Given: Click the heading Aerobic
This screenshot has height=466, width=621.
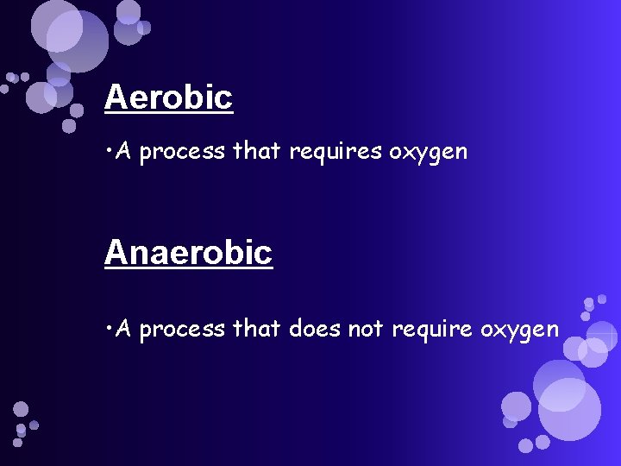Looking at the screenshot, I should click(x=168, y=98).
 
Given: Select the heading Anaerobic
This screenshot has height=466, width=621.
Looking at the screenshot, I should click(x=188, y=253).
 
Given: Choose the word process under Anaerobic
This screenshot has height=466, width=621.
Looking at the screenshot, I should click(x=183, y=331).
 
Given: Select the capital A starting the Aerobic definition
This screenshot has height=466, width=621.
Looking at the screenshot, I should click(x=123, y=153).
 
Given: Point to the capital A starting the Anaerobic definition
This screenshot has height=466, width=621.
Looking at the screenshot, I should click(x=123, y=329).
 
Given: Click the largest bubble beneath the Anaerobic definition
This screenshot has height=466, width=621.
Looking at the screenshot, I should click(x=569, y=409).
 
